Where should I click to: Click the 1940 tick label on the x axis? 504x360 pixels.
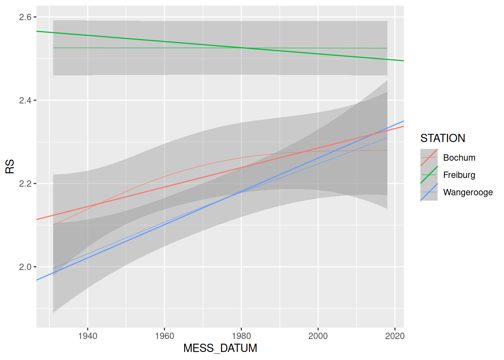click(x=87, y=336)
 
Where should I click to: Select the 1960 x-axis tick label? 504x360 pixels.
click(x=164, y=336)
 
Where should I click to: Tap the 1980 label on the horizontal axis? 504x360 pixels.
click(x=241, y=336)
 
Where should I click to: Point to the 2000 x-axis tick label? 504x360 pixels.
click(x=318, y=336)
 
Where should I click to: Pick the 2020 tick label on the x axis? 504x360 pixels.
click(x=394, y=336)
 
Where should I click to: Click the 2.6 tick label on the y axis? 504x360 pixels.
click(x=25, y=17)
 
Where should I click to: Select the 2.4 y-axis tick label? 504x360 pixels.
click(x=25, y=100)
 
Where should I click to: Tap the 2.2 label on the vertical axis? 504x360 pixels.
click(x=25, y=184)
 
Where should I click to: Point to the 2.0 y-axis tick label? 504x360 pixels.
click(x=25, y=267)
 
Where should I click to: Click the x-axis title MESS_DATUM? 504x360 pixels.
click(x=220, y=348)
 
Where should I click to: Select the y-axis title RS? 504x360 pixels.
click(x=10, y=166)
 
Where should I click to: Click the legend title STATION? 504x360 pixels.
click(x=442, y=138)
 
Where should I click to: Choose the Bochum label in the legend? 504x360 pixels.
click(x=459, y=158)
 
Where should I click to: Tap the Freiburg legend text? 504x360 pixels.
click(x=459, y=175)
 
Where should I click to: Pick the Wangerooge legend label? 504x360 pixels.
click(x=468, y=192)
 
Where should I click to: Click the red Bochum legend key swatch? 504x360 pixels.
click(x=429, y=157)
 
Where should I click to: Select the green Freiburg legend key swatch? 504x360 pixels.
click(x=429, y=175)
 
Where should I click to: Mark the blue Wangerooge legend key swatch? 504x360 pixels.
click(x=429, y=192)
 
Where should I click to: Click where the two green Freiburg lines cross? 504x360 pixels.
click(x=241, y=48)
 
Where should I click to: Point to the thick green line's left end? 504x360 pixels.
click(x=37, y=31)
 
